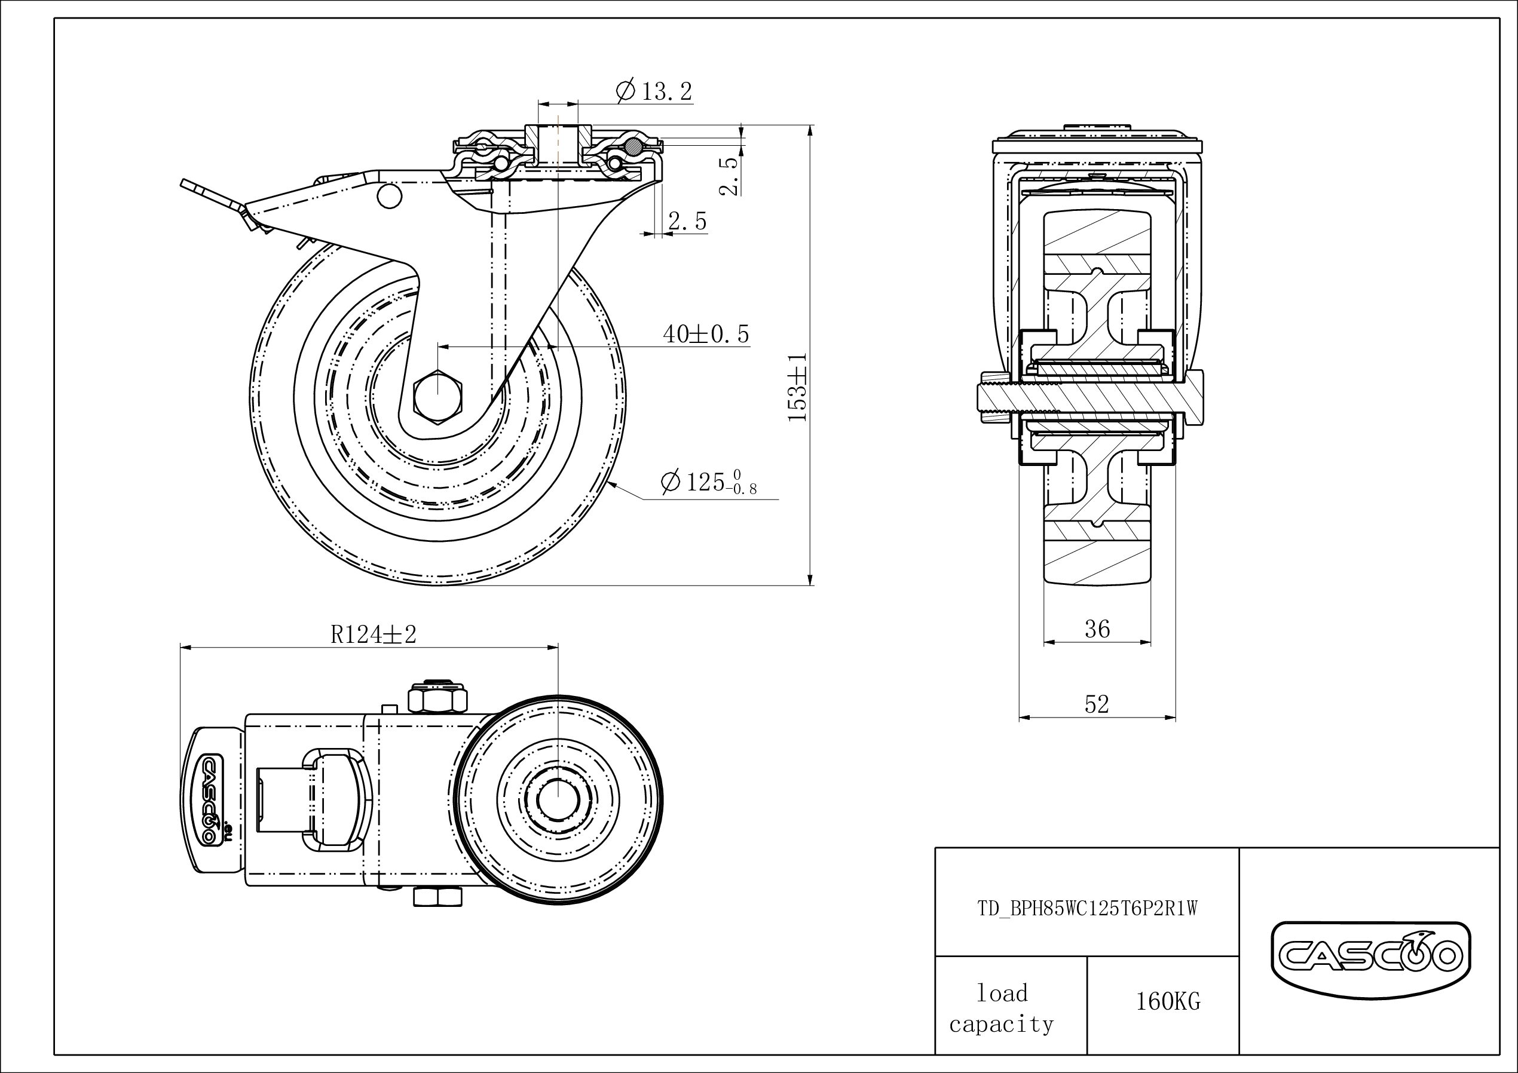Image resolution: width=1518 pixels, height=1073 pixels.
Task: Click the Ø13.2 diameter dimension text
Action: point(654,91)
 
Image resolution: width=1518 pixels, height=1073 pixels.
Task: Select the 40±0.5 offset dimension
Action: point(705,335)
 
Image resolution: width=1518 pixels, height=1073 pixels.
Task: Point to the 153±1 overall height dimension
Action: point(798,387)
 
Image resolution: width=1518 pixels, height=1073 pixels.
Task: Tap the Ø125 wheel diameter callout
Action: point(708,482)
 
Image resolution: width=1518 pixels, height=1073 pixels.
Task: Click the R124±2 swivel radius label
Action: point(374,634)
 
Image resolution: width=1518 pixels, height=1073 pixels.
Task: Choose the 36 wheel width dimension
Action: point(1097,629)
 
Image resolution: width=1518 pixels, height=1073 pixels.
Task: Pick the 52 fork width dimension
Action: point(1097,705)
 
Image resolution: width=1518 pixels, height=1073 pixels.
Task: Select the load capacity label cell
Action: point(1002,1008)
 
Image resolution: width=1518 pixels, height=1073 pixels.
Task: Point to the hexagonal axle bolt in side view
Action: point(437,396)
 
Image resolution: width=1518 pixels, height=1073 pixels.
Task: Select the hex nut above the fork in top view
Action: point(437,699)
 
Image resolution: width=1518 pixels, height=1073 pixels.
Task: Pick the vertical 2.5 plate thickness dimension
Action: point(729,176)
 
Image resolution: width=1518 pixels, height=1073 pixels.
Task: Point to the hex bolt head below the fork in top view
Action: point(437,897)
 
